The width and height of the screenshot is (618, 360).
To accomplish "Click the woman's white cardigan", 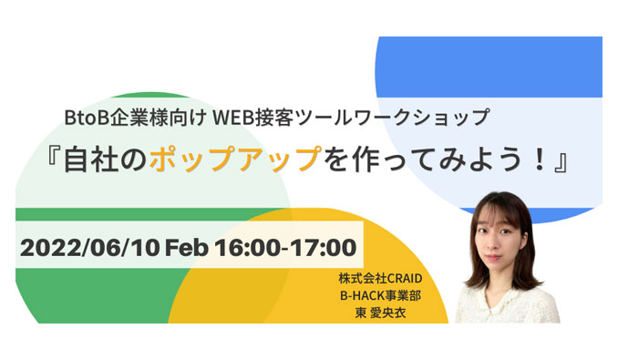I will click(x=506, y=305).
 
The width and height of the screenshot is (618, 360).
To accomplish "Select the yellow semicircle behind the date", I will click(x=273, y=292).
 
